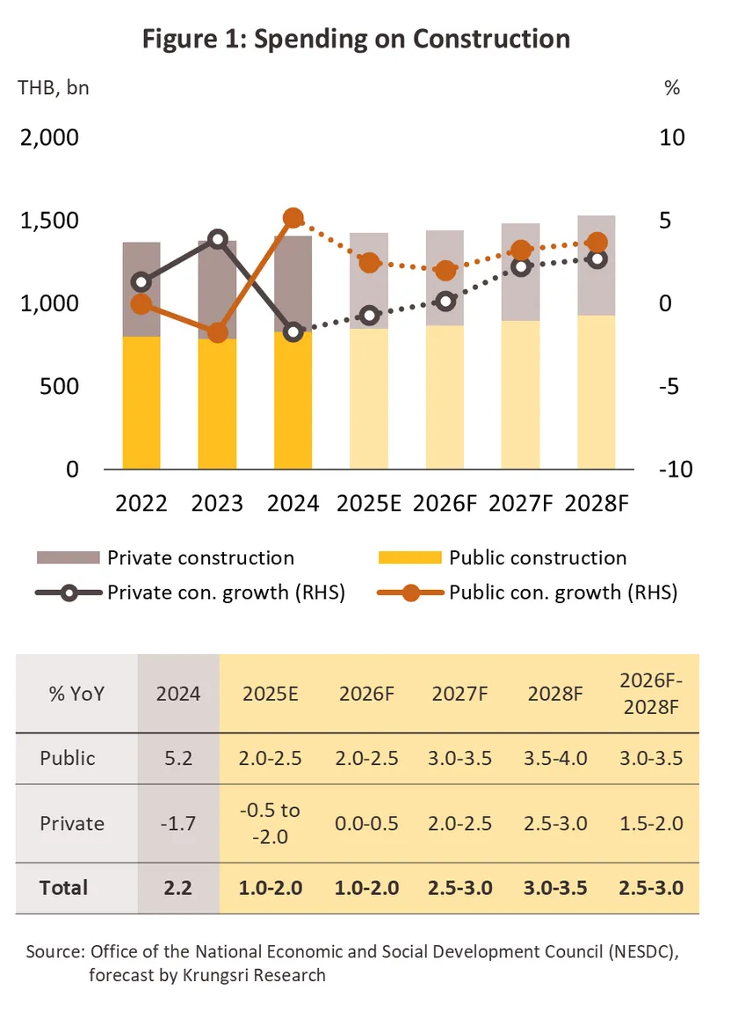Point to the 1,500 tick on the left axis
point(49,221)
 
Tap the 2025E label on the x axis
point(369,503)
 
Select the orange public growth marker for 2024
point(293,219)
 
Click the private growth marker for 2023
point(218,240)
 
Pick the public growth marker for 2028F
point(597,243)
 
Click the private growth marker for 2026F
point(445,301)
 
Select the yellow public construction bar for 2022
point(141,403)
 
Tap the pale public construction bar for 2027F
point(521,395)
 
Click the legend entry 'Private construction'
point(200,557)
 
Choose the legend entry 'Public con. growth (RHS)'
point(562,593)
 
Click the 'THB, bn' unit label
point(53,88)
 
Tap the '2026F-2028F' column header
point(651,693)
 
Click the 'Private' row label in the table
point(72,823)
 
